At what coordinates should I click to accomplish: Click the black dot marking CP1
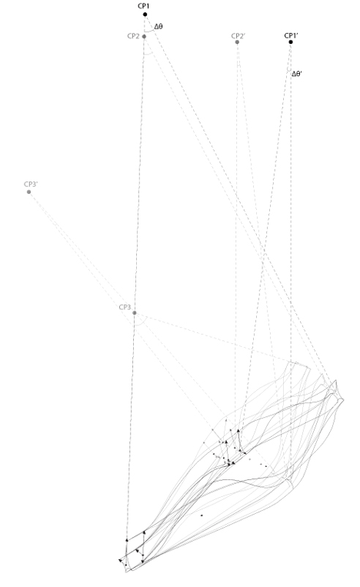pyautogui.click(x=145, y=15)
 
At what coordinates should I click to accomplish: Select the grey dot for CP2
pyautogui.click(x=144, y=37)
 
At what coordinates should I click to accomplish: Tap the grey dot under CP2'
pyautogui.click(x=237, y=42)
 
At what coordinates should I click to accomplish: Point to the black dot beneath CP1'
pyautogui.click(x=291, y=42)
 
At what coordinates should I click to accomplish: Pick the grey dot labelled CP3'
pyautogui.click(x=28, y=192)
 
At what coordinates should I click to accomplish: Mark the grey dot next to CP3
pyautogui.click(x=135, y=313)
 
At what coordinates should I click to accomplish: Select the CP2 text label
pyautogui.click(x=133, y=36)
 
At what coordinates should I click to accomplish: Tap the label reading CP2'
pyautogui.click(x=238, y=35)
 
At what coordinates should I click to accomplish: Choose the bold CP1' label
pyautogui.click(x=291, y=35)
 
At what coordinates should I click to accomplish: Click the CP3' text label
pyautogui.click(x=31, y=184)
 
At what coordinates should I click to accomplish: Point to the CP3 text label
pyautogui.click(x=125, y=307)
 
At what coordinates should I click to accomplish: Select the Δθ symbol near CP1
pyautogui.click(x=158, y=27)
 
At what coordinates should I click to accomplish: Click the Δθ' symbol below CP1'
pyautogui.click(x=297, y=74)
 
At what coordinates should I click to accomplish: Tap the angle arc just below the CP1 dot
pyautogui.click(x=149, y=30)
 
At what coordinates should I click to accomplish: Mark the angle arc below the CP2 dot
pyautogui.click(x=148, y=55)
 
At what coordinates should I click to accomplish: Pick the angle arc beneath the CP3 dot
pyautogui.click(x=140, y=324)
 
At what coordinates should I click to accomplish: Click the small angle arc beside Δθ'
pyautogui.click(x=288, y=71)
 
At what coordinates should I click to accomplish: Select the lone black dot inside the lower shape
pyautogui.click(x=202, y=515)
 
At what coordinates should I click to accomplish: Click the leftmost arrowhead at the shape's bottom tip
pyautogui.click(x=121, y=560)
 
